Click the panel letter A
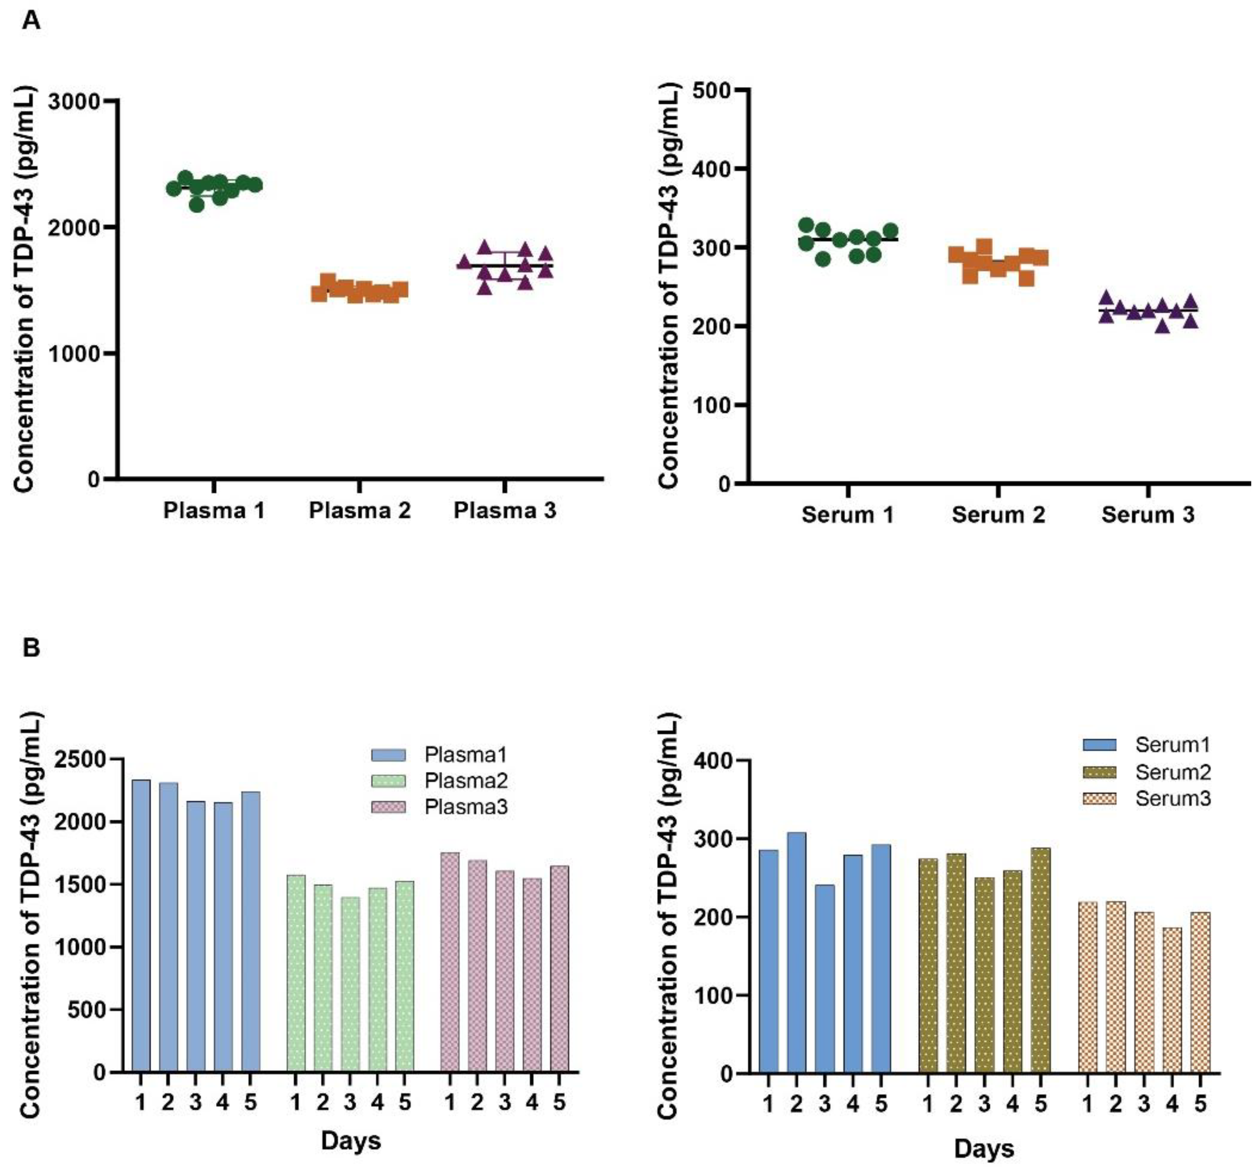[x=31, y=21]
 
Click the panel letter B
[x=31, y=648]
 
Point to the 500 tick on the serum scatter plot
[x=712, y=90]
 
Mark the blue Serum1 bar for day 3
[x=825, y=978]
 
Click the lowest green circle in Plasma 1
[x=196, y=204]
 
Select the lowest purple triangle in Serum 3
[x=1163, y=327]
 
